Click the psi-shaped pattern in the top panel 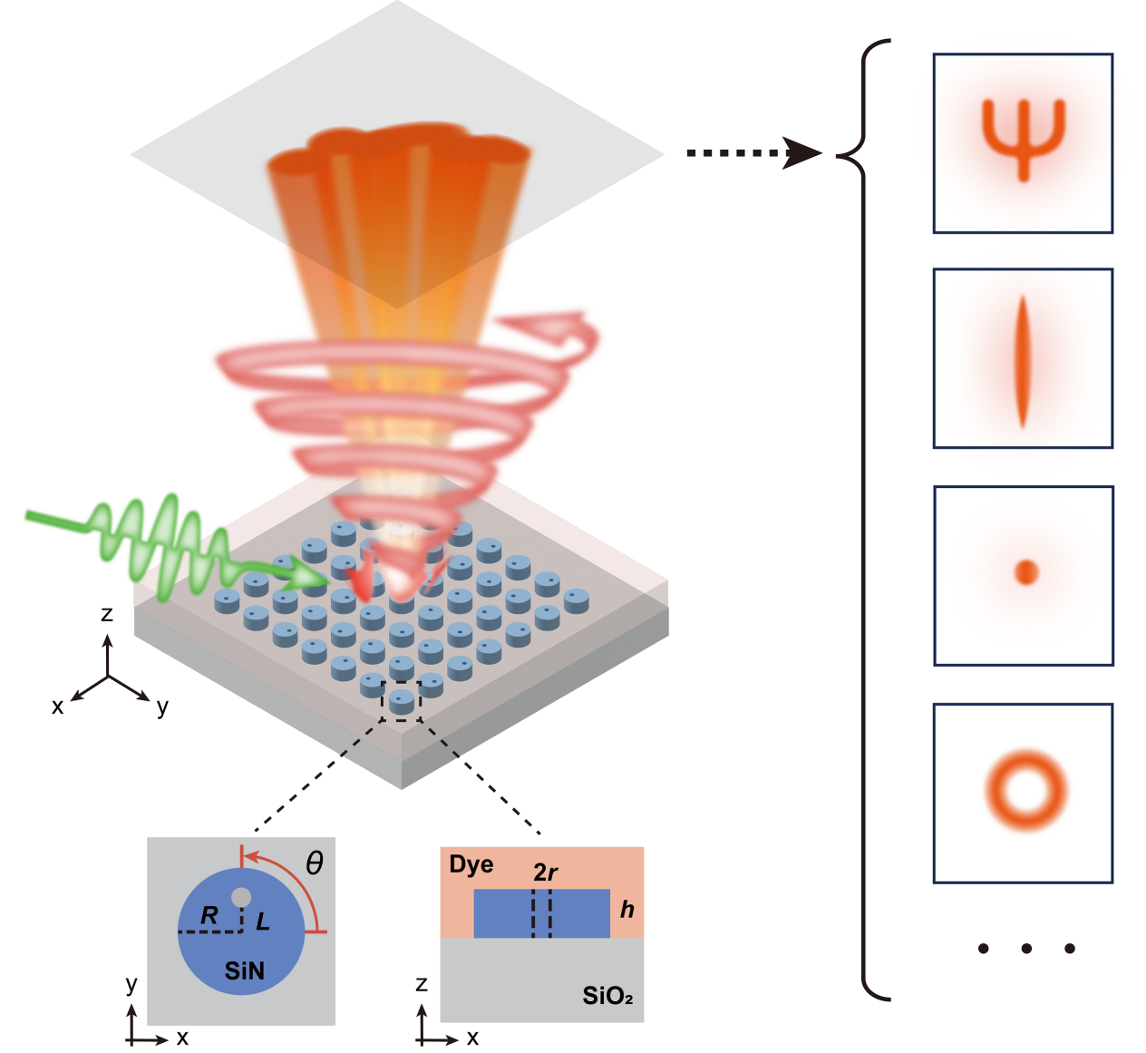point(1024,137)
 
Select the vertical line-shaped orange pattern point(1023,360)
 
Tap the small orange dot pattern point(1025,572)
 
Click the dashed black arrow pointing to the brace point(753,153)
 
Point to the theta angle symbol point(314,863)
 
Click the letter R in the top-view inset point(209,915)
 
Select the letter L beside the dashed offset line point(263,922)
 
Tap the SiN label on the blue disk point(245,971)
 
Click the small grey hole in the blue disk point(241,897)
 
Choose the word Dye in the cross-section point(471,865)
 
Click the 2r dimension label point(545,873)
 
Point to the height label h point(626,909)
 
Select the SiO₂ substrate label point(607,997)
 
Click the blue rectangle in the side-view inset point(499,913)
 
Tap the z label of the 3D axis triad point(107,615)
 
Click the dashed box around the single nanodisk point(402,701)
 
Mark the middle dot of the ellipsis point(1026,949)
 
